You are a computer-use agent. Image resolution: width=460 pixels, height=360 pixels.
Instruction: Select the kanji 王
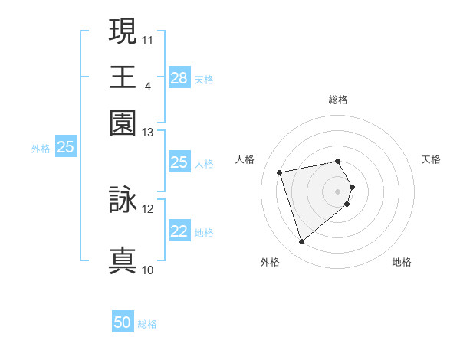(123, 77)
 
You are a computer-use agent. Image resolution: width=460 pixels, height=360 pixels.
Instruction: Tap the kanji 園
(123, 123)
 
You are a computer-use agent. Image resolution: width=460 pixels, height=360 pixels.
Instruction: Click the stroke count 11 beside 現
(148, 38)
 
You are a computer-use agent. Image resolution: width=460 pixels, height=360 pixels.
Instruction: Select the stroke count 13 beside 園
(148, 133)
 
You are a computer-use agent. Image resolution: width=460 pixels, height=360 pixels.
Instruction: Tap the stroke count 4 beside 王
(147, 86)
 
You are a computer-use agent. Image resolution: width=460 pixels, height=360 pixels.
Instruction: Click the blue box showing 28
(179, 77)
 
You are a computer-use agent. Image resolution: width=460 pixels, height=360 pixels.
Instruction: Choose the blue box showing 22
(179, 232)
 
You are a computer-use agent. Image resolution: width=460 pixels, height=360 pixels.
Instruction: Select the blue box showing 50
(123, 322)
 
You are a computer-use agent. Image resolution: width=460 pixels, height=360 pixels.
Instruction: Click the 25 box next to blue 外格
(65, 148)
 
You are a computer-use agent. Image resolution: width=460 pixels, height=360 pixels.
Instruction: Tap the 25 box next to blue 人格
(179, 162)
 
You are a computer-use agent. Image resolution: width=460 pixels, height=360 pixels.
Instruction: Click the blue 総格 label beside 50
(147, 324)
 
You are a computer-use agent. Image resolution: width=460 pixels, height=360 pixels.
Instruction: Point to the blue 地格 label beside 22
(204, 233)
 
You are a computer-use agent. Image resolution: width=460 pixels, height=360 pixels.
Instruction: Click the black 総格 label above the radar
(338, 100)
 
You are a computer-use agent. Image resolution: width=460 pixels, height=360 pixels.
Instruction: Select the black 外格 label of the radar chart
(270, 263)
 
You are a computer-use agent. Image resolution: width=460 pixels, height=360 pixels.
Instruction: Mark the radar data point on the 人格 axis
(280, 172)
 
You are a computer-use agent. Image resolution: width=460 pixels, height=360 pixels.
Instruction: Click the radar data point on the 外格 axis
(302, 241)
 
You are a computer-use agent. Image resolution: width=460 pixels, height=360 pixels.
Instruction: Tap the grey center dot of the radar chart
(338, 191)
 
